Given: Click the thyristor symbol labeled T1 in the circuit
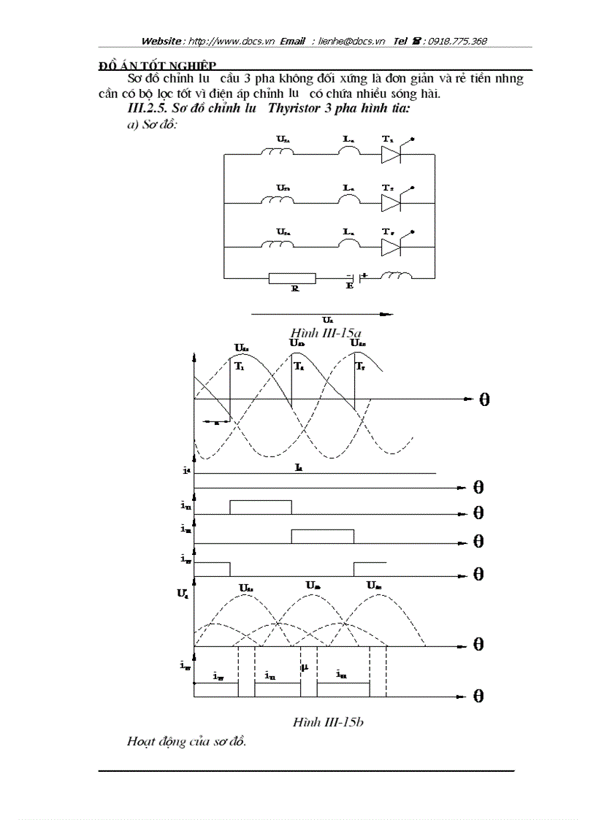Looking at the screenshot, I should (392, 154).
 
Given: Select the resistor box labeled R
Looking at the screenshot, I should (292, 278).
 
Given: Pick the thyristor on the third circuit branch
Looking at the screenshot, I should (392, 247).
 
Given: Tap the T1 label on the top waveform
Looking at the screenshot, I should (240, 367).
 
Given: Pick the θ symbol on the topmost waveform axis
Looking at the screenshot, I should (484, 400).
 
